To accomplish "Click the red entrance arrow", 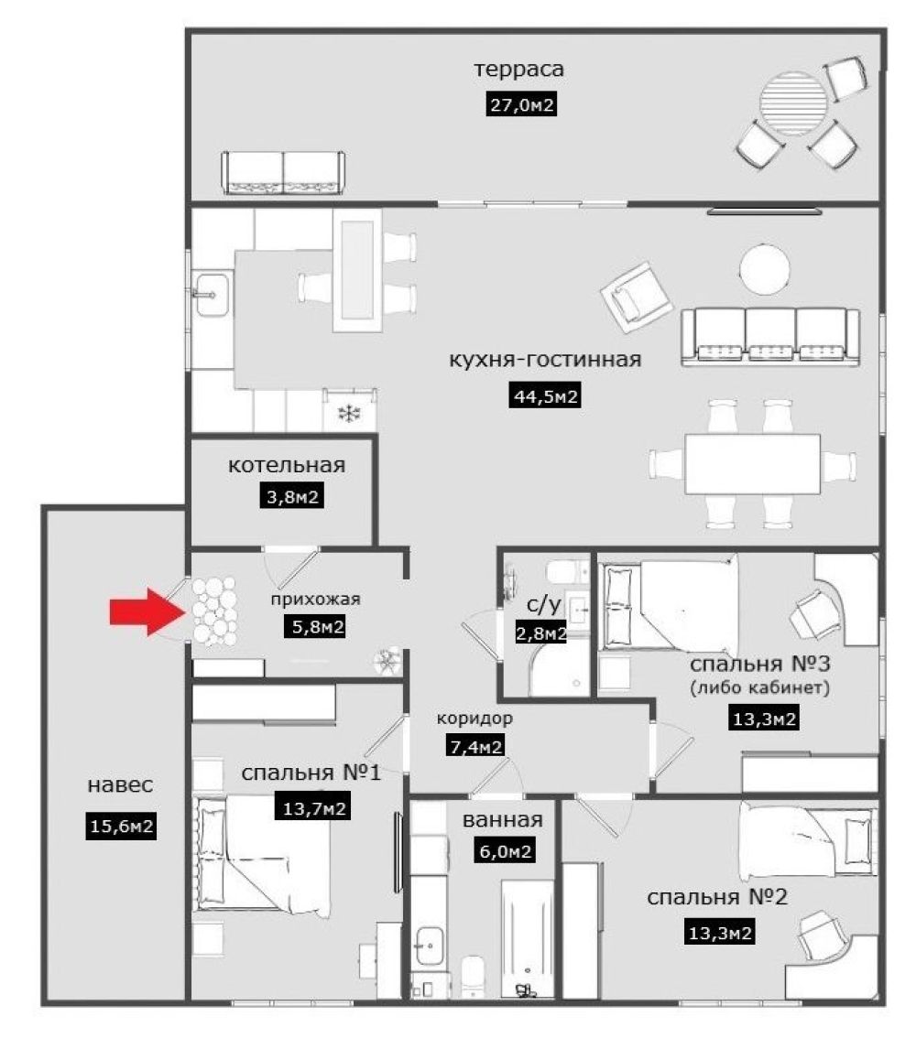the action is [x=148, y=611].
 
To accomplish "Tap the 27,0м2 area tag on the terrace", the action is [x=521, y=105].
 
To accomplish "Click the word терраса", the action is [x=519, y=69].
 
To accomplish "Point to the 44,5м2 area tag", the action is [x=546, y=395].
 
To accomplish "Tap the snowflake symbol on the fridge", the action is [x=349, y=413].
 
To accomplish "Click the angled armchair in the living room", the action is [x=636, y=297].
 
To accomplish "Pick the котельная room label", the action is [x=287, y=465].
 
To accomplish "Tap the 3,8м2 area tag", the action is [x=291, y=497].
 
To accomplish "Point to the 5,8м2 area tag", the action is [x=314, y=627].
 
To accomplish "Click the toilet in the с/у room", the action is [x=567, y=572].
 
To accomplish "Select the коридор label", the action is [x=474, y=719].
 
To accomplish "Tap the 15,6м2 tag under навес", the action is [x=121, y=827].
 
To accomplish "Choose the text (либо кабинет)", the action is [x=760, y=687].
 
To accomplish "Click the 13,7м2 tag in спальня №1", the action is [x=313, y=808].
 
